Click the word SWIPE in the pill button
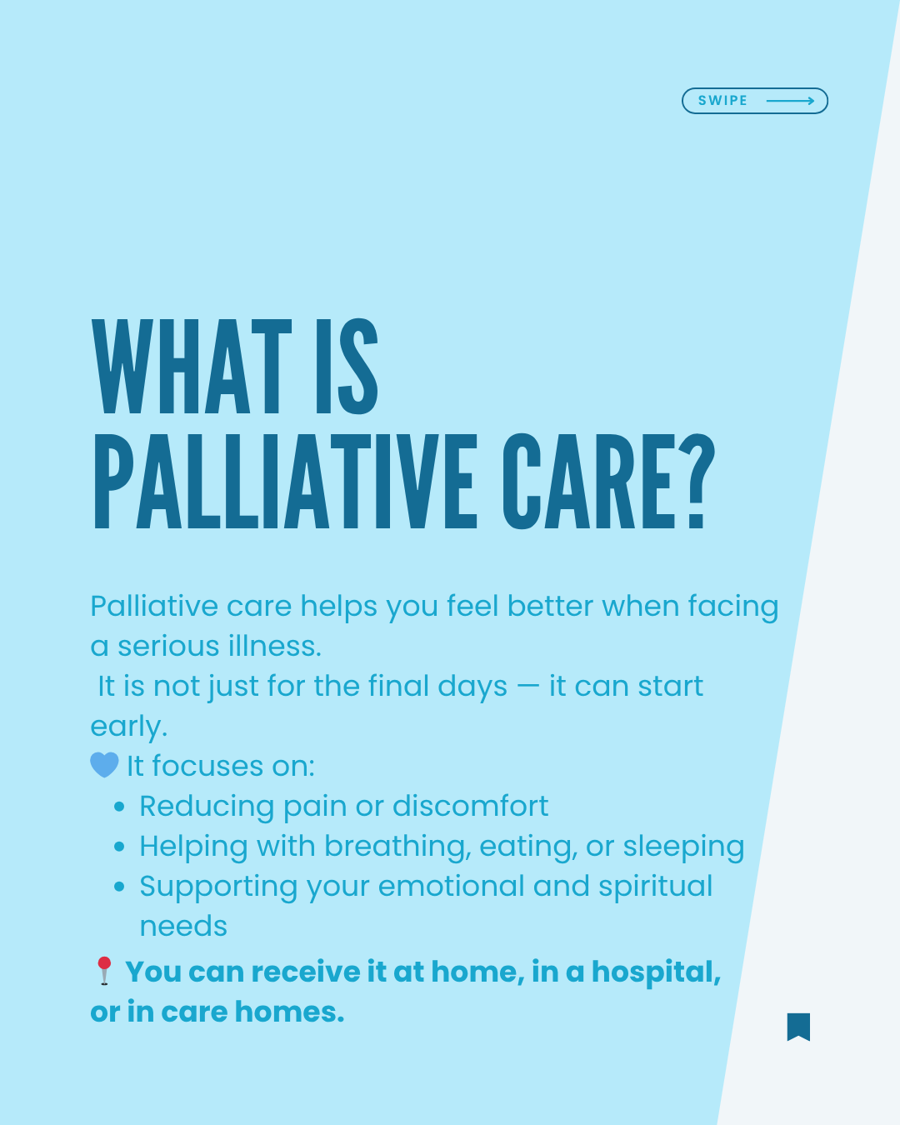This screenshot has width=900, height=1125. [x=722, y=100]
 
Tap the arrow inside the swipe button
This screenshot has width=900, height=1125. [x=790, y=101]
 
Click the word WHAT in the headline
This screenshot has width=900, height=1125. [x=192, y=367]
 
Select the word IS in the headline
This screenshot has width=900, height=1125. [x=347, y=367]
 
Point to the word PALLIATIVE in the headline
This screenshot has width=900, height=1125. [x=285, y=482]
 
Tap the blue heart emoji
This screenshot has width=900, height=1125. [x=105, y=765]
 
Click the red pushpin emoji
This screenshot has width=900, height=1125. [x=104, y=971]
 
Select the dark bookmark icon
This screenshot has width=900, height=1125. [x=798, y=1027]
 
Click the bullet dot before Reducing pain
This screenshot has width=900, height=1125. [x=119, y=807]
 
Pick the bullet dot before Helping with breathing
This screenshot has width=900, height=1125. [x=119, y=847]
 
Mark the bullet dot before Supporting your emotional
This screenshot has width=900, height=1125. [x=119, y=887]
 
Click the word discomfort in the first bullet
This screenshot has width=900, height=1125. [x=471, y=806]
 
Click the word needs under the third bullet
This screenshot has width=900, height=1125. [x=183, y=927]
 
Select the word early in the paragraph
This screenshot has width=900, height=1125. [x=128, y=727]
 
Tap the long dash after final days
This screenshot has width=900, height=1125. [x=527, y=687]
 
